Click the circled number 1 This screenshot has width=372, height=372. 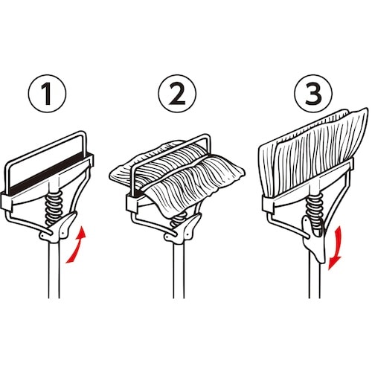(x=48, y=94)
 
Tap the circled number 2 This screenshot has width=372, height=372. (x=177, y=94)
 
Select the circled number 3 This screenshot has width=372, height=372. (x=313, y=94)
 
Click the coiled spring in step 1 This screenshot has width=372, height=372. (x=54, y=207)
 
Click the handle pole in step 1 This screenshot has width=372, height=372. (x=54, y=270)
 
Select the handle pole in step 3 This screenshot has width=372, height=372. (x=315, y=278)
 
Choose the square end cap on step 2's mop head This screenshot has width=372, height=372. (x=132, y=203)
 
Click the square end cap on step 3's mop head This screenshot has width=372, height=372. (x=268, y=204)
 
